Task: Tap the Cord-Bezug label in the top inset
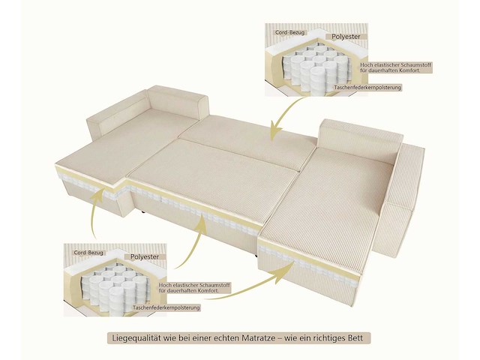[289, 32]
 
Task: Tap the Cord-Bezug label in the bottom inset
[88, 253]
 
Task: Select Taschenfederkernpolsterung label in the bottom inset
[167, 307]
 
